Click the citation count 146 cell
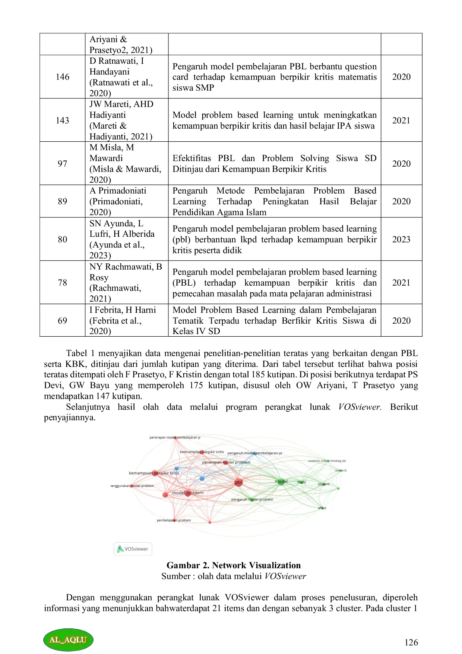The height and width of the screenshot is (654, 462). coord(63,77)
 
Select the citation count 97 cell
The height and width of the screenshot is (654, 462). coord(63,164)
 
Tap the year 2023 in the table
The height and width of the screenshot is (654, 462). coord(401,239)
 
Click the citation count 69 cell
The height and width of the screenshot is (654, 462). coord(63,321)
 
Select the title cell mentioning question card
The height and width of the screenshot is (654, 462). coord(274,77)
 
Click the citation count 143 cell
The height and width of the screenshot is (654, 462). coord(63,120)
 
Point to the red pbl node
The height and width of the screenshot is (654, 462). coord(238,482)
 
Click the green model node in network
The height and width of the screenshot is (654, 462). coord(281,481)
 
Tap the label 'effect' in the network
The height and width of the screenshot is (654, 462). coord(322,508)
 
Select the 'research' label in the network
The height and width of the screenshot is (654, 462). coord(341,471)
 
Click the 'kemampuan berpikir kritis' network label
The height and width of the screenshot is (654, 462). coord(154,473)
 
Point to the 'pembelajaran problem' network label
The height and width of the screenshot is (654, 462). coord(174,520)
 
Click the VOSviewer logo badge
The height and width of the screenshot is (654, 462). coord(133,549)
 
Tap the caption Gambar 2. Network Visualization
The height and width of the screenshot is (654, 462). coord(234,565)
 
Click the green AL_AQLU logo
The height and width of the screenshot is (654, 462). coord(68,640)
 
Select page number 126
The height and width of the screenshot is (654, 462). coord(411,642)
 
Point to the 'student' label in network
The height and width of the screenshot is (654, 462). coord(323,484)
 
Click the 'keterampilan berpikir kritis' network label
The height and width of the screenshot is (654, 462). coord(202,452)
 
